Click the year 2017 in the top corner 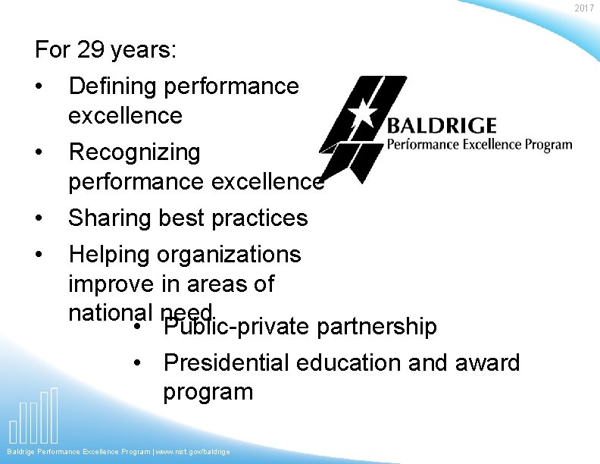[x=584, y=8]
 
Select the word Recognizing [x=134, y=152]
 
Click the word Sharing [x=110, y=218]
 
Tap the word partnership [x=377, y=327]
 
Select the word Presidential [x=227, y=362]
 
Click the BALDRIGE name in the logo [x=442, y=126]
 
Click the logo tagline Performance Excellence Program [x=480, y=144]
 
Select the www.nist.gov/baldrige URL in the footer [x=192, y=452]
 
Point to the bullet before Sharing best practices [x=39, y=218]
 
